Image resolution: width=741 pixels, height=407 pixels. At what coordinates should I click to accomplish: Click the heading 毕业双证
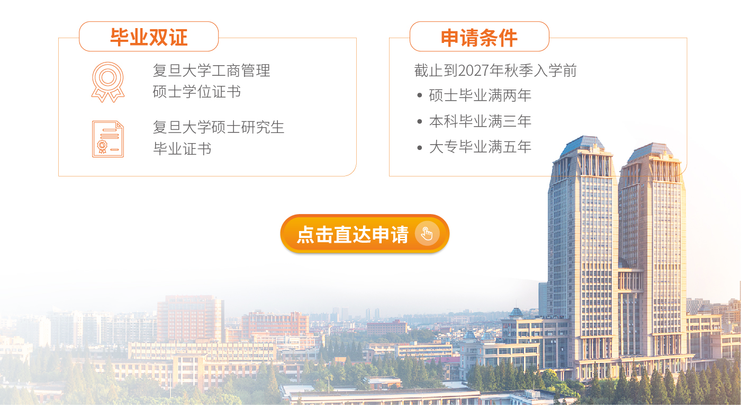[x=149, y=37]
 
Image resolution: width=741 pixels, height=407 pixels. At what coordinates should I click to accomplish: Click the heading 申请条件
[x=479, y=38]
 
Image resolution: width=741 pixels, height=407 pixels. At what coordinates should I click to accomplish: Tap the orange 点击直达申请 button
[x=365, y=234]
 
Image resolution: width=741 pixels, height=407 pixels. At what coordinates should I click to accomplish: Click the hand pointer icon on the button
[x=427, y=234]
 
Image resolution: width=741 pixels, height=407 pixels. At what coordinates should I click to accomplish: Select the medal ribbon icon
[x=108, y=82]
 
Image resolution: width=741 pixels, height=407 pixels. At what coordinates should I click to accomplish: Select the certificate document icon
[x=108, y=139]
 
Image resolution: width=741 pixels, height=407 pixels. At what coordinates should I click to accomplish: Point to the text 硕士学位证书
[x=196, y=92]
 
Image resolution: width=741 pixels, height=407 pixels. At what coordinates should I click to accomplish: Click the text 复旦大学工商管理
[x=211, y=70]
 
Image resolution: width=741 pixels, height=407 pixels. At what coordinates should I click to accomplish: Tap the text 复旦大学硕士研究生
[x=218, y=127]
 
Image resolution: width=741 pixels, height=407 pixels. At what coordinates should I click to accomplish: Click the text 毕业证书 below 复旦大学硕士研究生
[x=182, y=149]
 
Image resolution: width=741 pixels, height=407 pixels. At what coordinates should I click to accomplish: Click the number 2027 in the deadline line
[x=474, y=70]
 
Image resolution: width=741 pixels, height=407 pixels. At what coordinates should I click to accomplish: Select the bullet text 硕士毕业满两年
[x=480, y=95]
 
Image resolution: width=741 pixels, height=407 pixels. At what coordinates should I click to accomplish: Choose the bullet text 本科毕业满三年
[x=480, y=121]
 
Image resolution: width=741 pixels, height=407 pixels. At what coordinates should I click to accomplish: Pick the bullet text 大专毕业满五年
[x=480, y=147]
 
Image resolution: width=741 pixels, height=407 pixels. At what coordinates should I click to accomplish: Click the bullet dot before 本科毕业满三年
[x=419, y=121]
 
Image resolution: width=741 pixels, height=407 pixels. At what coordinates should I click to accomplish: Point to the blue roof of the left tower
[x=583, y=145]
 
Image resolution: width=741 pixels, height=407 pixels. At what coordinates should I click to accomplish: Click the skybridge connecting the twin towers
[x=630, y=280]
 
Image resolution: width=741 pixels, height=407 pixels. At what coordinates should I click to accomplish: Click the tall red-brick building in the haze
[x=189, y=318]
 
